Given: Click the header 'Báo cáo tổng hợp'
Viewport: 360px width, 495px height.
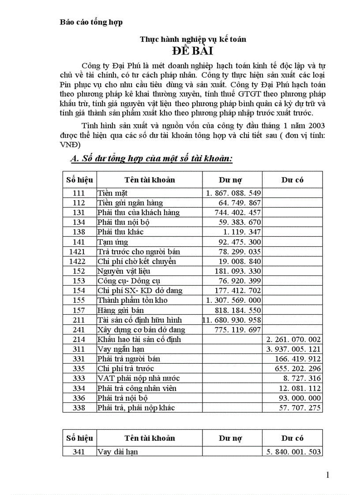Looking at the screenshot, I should (x=91, y=22).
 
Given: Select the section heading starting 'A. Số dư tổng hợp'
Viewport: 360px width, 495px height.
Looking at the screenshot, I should (x=151, y=159).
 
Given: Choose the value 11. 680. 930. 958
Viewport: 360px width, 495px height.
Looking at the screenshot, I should (x=232, y=320).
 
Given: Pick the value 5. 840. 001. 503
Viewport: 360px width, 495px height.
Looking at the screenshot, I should (x=294, y=451).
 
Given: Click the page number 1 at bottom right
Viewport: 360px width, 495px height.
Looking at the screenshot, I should (x=327, y=475).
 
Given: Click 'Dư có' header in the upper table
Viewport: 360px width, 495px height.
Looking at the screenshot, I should (x=292, y=179).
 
